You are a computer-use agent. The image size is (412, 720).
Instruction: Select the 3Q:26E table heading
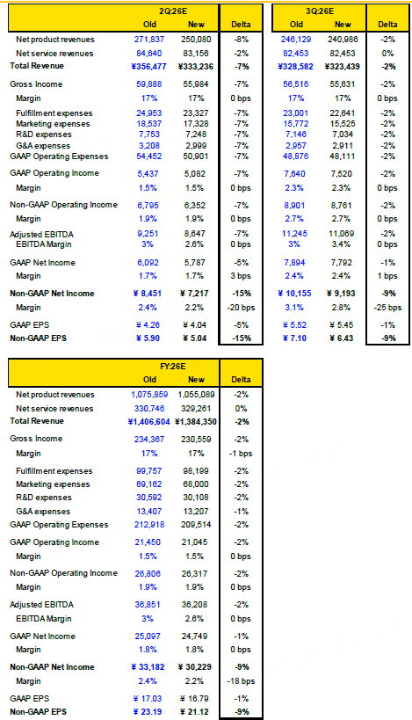click(x=321, y=11)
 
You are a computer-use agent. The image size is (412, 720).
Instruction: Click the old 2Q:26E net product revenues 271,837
click(x=149, y=40)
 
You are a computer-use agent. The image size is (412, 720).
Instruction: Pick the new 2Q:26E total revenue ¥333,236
click(x=196, y=67)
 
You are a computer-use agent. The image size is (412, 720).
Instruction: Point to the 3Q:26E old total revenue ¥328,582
click(x=296, y=67)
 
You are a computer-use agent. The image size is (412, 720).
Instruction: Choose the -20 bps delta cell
click(x=241, y=308)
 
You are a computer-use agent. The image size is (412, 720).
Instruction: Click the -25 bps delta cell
click(x=387, y=308)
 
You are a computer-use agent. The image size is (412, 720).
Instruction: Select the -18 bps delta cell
click(x=241, y=681)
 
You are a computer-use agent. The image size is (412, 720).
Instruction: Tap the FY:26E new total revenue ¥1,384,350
click(x=196, y=421)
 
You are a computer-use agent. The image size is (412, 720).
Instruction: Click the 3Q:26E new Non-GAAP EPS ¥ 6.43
click(x=343, y=338)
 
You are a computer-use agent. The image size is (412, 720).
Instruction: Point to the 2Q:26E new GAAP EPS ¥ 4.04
click(x=195, y=325)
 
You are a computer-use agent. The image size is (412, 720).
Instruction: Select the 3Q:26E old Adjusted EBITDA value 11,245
click(x=296, y=234)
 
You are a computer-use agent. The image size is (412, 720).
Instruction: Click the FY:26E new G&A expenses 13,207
click(x=196, y=511)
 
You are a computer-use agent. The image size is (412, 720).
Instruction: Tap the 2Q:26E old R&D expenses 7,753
click(x=149, y=135)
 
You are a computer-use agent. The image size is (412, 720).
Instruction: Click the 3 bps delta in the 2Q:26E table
click(x=241, y=276)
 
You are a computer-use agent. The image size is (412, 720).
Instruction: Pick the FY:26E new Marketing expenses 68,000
click(x=196, y=484)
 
